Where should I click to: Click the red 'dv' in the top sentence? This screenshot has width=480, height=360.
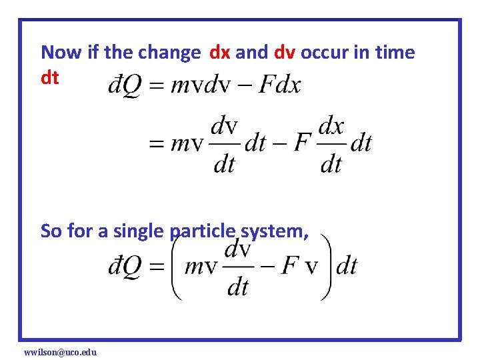pyautogui.click(x=281, y=52)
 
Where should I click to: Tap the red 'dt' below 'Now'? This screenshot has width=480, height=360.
pyautogui.click(x=50, y=78)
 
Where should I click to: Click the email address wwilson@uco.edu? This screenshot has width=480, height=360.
pyautogui.click(x=60, y=351)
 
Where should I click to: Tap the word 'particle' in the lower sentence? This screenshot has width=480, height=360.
pyautogui.click(x=203, y=231)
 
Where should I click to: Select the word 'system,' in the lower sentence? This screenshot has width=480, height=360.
pyautogui.click(x=274, y=231)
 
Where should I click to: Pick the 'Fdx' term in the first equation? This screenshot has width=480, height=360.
pyautogui.click(x=279, y=85)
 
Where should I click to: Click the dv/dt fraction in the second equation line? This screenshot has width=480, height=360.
pyautogui.click(x=224, y=143)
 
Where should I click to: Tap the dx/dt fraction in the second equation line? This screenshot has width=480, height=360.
pyautogui.click(x=331, y=143)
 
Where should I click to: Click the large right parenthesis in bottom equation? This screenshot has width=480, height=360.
pyautogui.click(x=325, y=267)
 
